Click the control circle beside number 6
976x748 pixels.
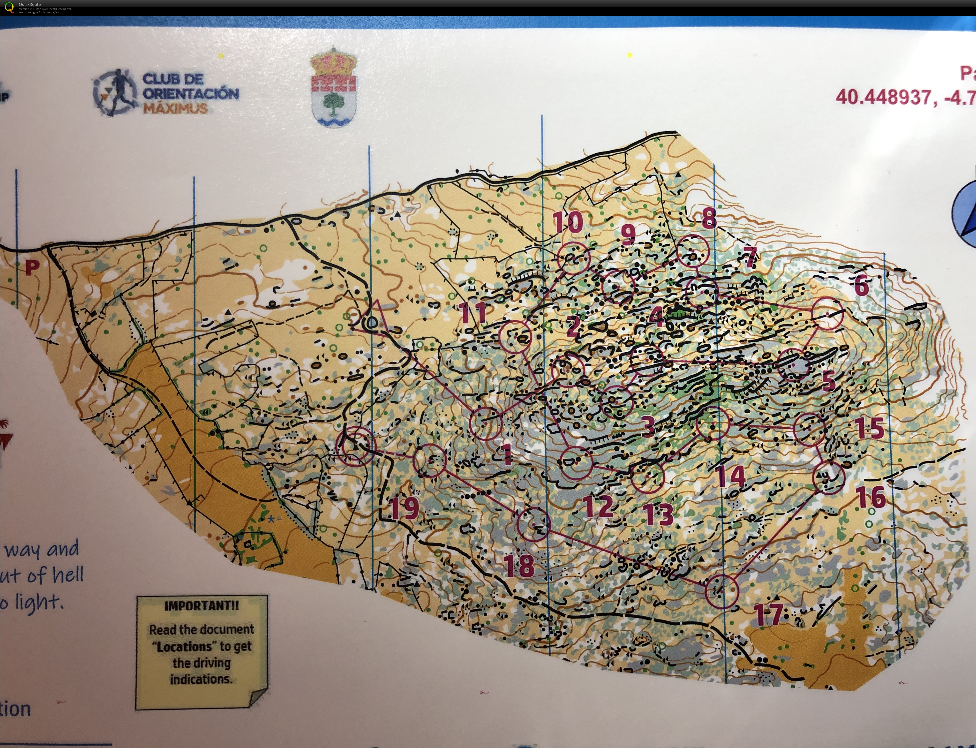pos(828,313)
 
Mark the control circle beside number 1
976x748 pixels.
pos(486,423)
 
